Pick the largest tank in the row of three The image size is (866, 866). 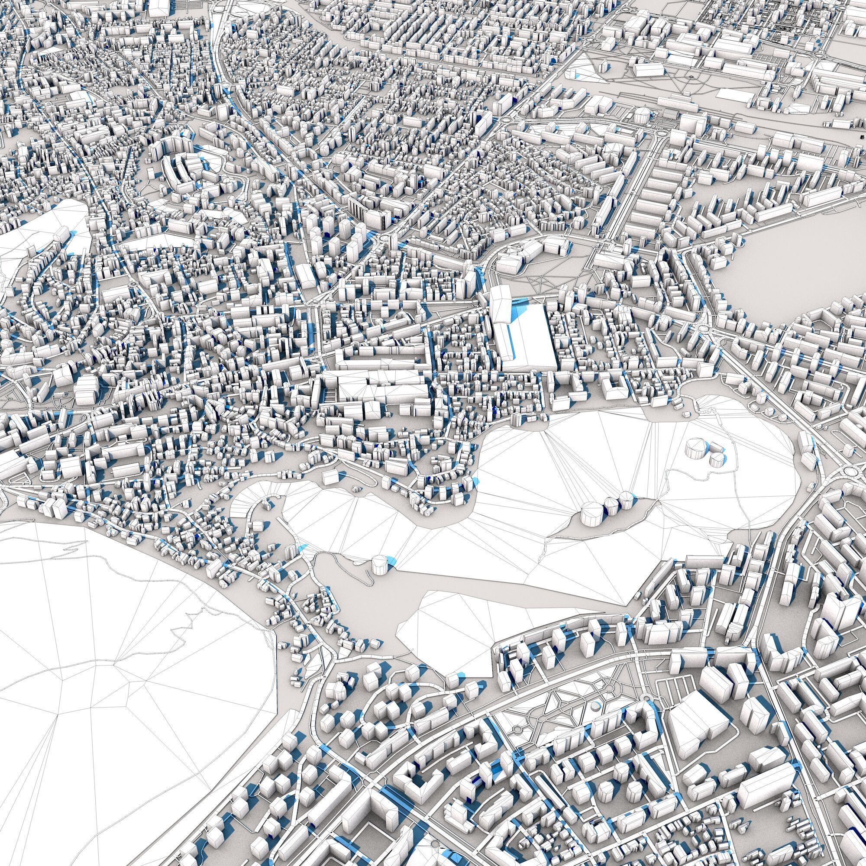point(591,515)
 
